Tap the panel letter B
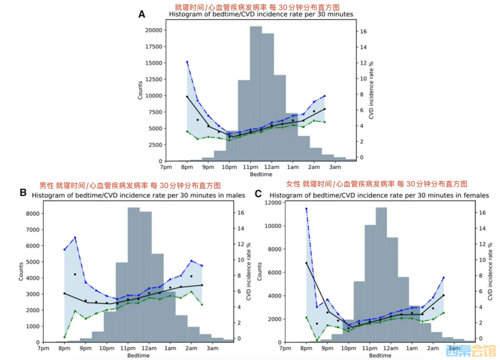(23, 192)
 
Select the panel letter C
(259, 193)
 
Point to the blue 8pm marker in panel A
(187, 62)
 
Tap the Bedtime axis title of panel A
(261, 174)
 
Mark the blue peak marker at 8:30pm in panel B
(75, 238)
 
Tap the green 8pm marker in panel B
(64, 337)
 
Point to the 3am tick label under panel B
(212, 348)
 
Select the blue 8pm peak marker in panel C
(306, 209)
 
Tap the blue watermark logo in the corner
(470, 351)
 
